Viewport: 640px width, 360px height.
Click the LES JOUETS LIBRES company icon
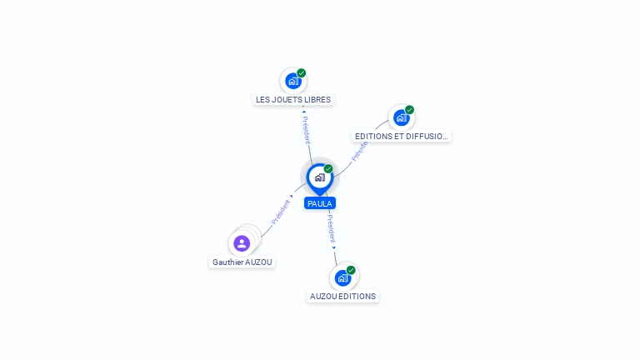pos(292,81)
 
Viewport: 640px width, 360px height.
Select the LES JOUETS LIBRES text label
pos(293,100)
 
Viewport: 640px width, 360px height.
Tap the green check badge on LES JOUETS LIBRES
pos(302,73)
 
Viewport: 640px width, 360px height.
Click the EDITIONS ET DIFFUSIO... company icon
pos(401,117)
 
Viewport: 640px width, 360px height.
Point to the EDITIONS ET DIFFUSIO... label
pos(402,136)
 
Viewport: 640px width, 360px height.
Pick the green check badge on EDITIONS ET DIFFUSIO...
pos(410,110)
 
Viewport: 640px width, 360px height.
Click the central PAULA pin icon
pos(319,177)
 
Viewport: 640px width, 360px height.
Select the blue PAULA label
pos(320,203)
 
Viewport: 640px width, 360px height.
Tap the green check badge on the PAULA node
pos(328,169)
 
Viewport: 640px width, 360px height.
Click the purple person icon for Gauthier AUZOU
pos(242,243)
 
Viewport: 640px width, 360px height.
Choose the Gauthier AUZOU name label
pos(242,262)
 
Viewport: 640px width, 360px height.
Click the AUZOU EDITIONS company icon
pos(342,277)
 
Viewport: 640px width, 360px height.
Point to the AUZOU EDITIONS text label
pos(343,296)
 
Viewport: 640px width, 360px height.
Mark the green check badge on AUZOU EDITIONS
pos(351,270)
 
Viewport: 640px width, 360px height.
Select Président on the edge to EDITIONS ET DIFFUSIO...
pos(359,150)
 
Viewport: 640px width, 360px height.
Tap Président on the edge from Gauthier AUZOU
pos(281,212)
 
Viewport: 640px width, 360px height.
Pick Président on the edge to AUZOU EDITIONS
pos(330,227)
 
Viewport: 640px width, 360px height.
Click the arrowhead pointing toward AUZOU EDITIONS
pos(334,247)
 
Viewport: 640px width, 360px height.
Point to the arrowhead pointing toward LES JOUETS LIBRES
pos(303,111)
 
